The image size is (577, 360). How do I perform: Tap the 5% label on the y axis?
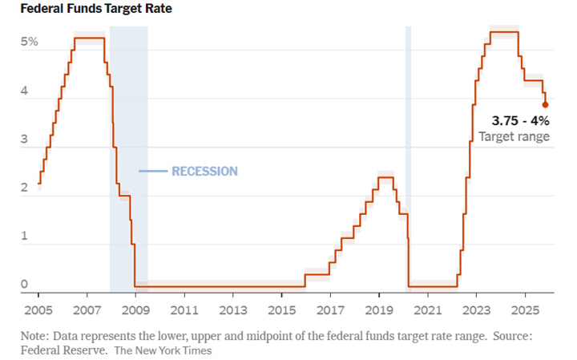[30, 42]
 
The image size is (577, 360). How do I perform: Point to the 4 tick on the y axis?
[24, 91]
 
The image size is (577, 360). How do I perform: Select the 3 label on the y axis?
[24, 140]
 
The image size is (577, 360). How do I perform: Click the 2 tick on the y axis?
[24, 188]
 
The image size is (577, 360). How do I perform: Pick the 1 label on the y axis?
[24, 237]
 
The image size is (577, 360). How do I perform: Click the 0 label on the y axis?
[24, 284]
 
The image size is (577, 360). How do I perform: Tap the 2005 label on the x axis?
[38, 309]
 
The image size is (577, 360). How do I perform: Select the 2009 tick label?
[135, 309]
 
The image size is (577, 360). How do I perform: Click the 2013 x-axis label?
[232, 309]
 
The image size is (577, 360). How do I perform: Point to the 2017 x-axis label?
[330, 309]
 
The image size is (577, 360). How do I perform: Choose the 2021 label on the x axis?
[427, 309]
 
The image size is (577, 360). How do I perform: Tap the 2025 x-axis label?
[524, 309]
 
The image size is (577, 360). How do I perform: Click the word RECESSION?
[204, 171]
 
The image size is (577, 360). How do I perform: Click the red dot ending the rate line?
[545, 104]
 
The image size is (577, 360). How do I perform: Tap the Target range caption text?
[514, 137]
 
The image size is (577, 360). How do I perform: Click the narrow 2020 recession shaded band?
[408, 160]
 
